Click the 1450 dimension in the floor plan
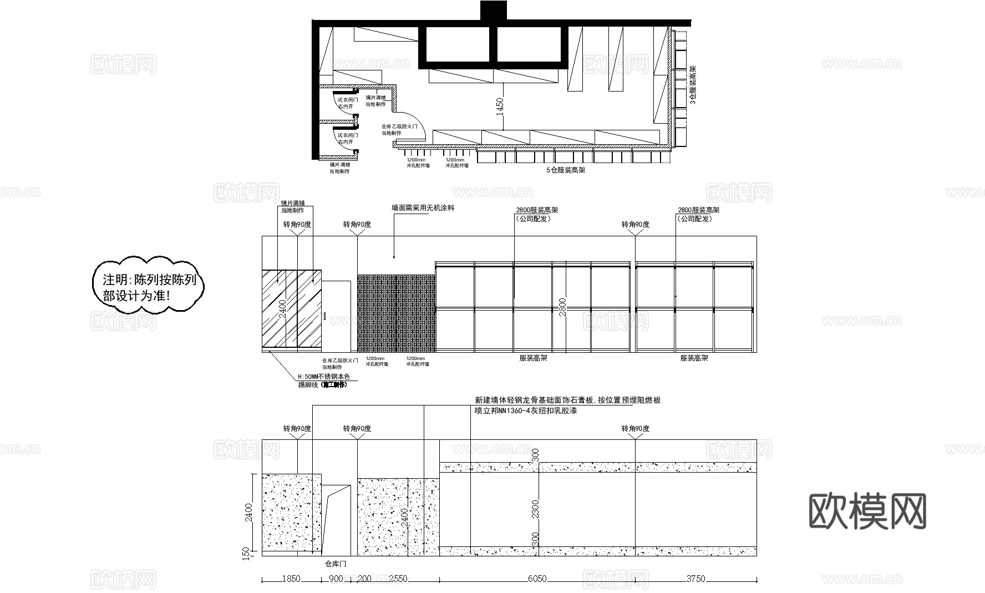point(500,105)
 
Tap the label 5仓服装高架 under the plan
point(565,170)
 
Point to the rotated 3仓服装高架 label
point(692,84)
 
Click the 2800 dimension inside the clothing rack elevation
point(563,307)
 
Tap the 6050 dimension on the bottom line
point(536,579)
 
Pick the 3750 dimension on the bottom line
point(695,579)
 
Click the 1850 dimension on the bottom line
point(291,579)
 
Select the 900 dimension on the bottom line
point(336,579)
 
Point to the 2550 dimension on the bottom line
point(398,579)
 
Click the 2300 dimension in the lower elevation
point(535,509)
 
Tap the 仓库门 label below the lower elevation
point(336,564)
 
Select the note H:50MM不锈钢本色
point(324,377)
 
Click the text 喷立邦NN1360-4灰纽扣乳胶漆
point(526,411)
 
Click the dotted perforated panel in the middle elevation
point(396,313)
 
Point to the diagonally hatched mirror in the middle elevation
point(291,311)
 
